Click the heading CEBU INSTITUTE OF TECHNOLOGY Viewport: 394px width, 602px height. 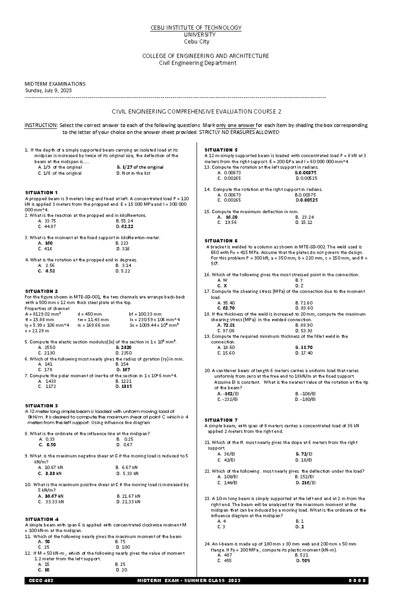pos(196,28)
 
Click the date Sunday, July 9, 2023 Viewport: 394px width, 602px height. pos(48,91)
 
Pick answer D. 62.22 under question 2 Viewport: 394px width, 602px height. pos(124,226)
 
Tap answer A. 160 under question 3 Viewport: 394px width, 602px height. pos(45,243)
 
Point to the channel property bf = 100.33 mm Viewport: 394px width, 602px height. pos(145,314)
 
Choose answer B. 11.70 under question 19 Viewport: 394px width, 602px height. pos(304,347)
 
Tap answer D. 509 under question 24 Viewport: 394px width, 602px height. pos(303,561)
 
